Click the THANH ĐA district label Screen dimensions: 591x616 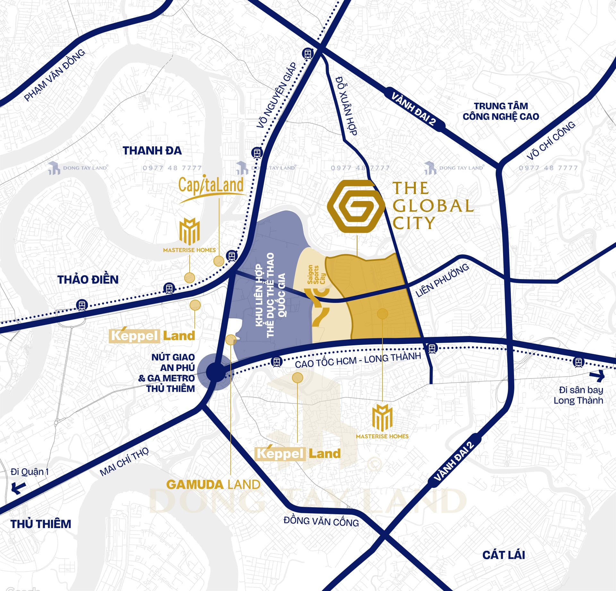[x=152, y=151]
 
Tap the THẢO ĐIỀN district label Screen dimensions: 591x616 [x=88, y=279]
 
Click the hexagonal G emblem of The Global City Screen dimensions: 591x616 [x=355, y=206]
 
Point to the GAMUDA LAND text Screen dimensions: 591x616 [x=213, y=484]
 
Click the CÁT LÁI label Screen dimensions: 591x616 [x=503, y=555]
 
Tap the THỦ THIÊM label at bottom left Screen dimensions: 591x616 [x=41, y=524]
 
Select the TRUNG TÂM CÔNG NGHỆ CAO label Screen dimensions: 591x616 [x=501, y=111]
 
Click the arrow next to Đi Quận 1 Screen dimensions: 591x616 [x=18, y=488]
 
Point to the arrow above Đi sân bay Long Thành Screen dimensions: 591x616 [x=597, y=375]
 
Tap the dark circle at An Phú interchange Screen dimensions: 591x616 [x=216, y=372]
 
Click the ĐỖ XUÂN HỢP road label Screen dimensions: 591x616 [x=346, y=106]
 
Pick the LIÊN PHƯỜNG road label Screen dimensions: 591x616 [x=442, y=280]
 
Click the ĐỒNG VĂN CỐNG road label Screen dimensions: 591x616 [x=321, y=521]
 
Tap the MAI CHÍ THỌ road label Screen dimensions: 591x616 [x=124, y=461]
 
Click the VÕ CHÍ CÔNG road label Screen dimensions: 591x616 [x=551, y=140]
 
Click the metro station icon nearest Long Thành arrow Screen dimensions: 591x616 [x=578, y=362]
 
